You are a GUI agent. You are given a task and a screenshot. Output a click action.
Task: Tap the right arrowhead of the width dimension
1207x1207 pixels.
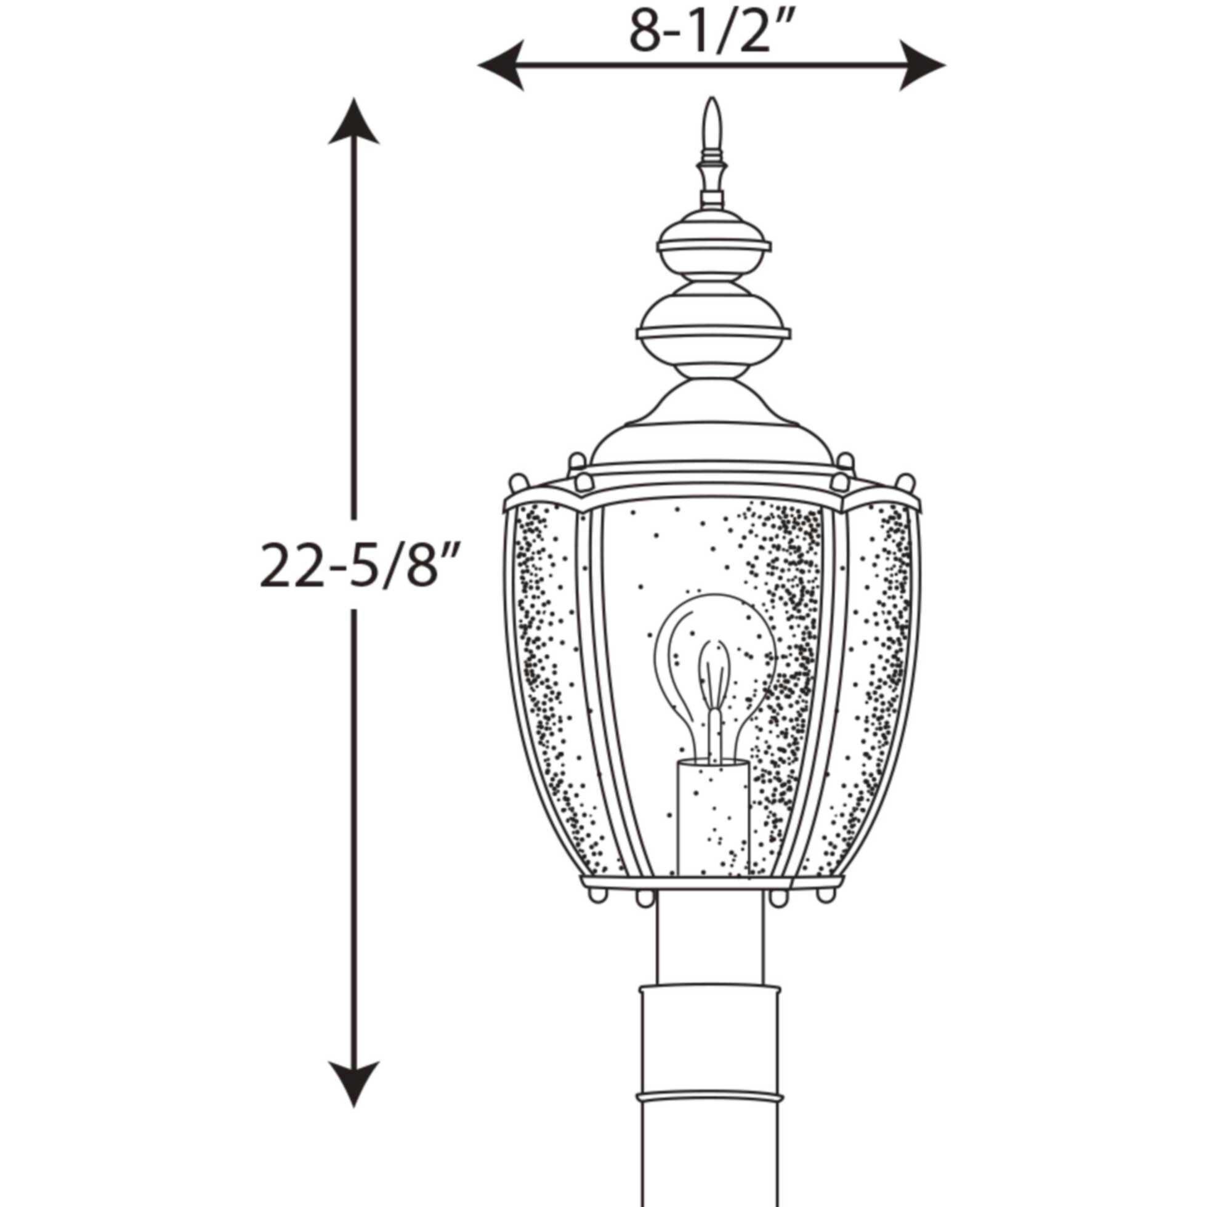pyautogui.click(x=921, y=65)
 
